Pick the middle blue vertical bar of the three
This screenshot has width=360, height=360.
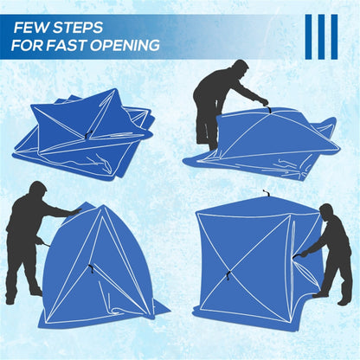coord(320,36)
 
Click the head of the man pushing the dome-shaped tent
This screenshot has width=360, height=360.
coord(37,191)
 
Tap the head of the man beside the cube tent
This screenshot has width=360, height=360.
coord(327,212)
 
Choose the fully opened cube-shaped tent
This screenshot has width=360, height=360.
coord(242,260)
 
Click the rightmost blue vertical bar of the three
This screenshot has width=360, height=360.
coord(334,36)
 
